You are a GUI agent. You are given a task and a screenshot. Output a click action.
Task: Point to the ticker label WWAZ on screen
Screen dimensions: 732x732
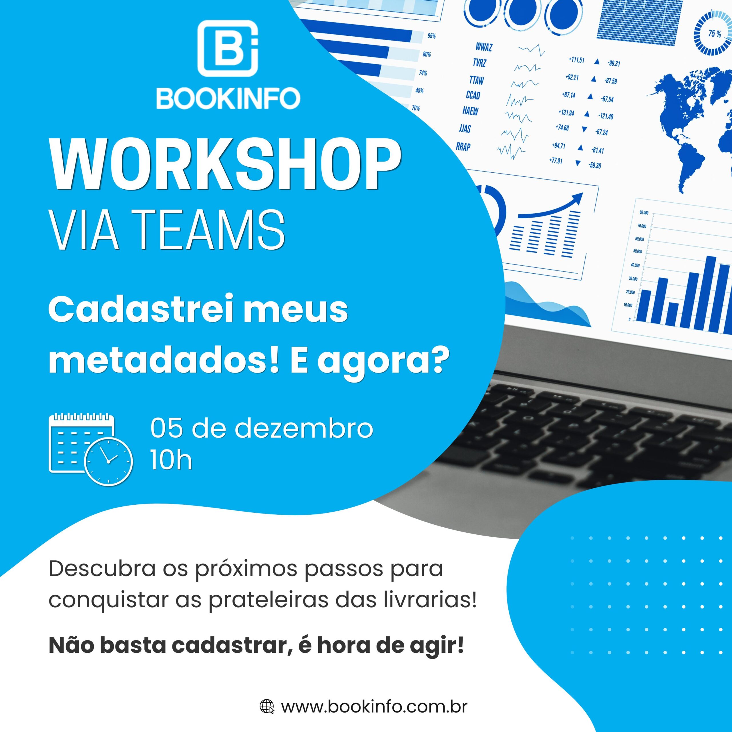[x=484, y=47]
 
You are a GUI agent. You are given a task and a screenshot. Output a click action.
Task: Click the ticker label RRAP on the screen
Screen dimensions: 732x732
[x=463, y=147]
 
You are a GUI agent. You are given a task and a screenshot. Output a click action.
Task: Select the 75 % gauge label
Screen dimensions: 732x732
[x=715, y=34]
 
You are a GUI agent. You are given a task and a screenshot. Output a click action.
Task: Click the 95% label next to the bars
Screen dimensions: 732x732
[x=431, y=36]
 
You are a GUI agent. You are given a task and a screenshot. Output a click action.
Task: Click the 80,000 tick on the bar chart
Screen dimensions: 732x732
[x=644, y=213]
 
